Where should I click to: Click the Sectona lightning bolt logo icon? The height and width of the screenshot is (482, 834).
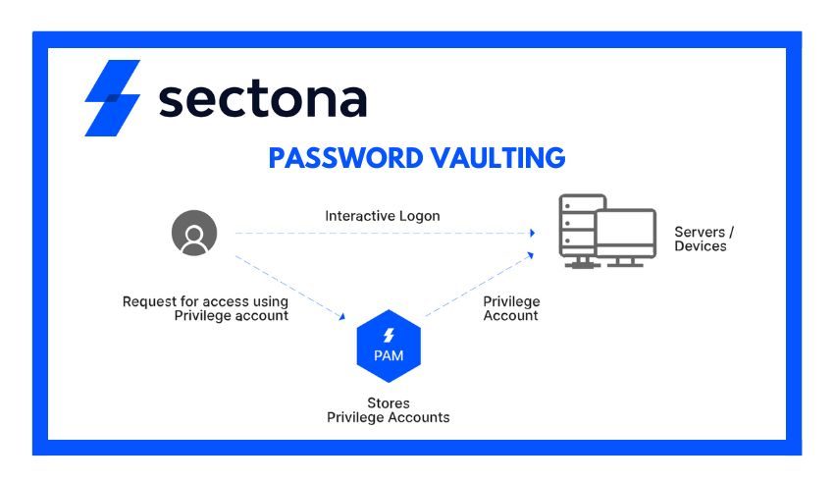pos(112,98)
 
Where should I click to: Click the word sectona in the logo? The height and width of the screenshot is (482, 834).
pos(262,99)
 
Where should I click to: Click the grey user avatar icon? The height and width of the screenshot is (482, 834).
pos(194,234)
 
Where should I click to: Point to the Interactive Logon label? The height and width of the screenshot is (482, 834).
pos(383,215)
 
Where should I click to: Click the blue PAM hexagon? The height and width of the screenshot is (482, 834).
pos(389,345)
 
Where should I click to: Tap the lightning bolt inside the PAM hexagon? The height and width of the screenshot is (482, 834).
pos(389,335)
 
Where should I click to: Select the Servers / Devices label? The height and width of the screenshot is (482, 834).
pos(704,239)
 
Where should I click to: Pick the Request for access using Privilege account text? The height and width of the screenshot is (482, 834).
pos(205,308)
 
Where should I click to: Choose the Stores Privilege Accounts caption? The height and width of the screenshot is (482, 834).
pos(388,410)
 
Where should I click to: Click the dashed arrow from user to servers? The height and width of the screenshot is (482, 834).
pos(383,234)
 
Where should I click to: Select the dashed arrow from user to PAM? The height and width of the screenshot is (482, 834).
pos(289,287)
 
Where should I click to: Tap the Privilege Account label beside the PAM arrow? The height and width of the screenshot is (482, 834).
pos(511,308)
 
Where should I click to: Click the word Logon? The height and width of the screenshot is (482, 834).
pos(420,215)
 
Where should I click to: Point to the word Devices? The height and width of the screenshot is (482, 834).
pos(701,246)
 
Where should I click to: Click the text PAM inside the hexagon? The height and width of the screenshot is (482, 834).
pos(389,355)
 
